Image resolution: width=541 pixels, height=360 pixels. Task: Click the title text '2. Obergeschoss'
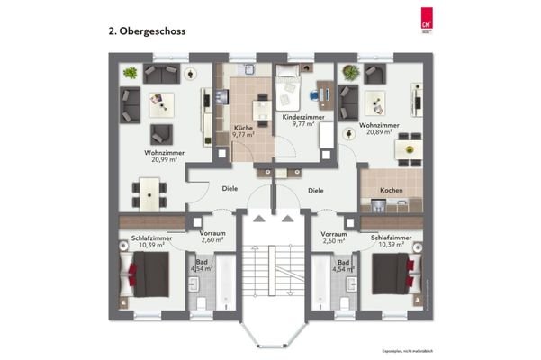point(149,30)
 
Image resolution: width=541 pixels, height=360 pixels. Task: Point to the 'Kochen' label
point(391,191)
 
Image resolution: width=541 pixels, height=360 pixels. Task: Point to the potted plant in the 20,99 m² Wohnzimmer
point(131,72)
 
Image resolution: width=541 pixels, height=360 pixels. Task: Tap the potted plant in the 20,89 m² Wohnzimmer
point(347,70)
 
